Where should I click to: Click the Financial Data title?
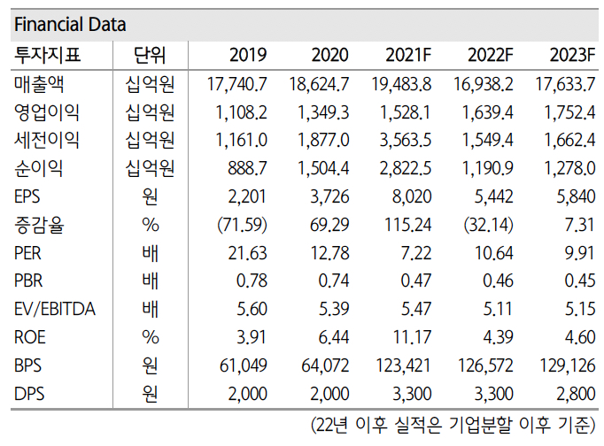tap(70, 24)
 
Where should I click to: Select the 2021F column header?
tap(408, 56)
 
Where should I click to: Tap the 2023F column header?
tap(570, 56)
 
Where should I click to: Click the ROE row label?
tap(32, 336)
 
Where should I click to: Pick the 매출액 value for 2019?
tap(236, 84)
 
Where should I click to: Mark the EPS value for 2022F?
tap(492, 196)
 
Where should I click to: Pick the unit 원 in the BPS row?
tap(151, 365)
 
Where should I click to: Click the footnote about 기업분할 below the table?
tap(453, 425)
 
